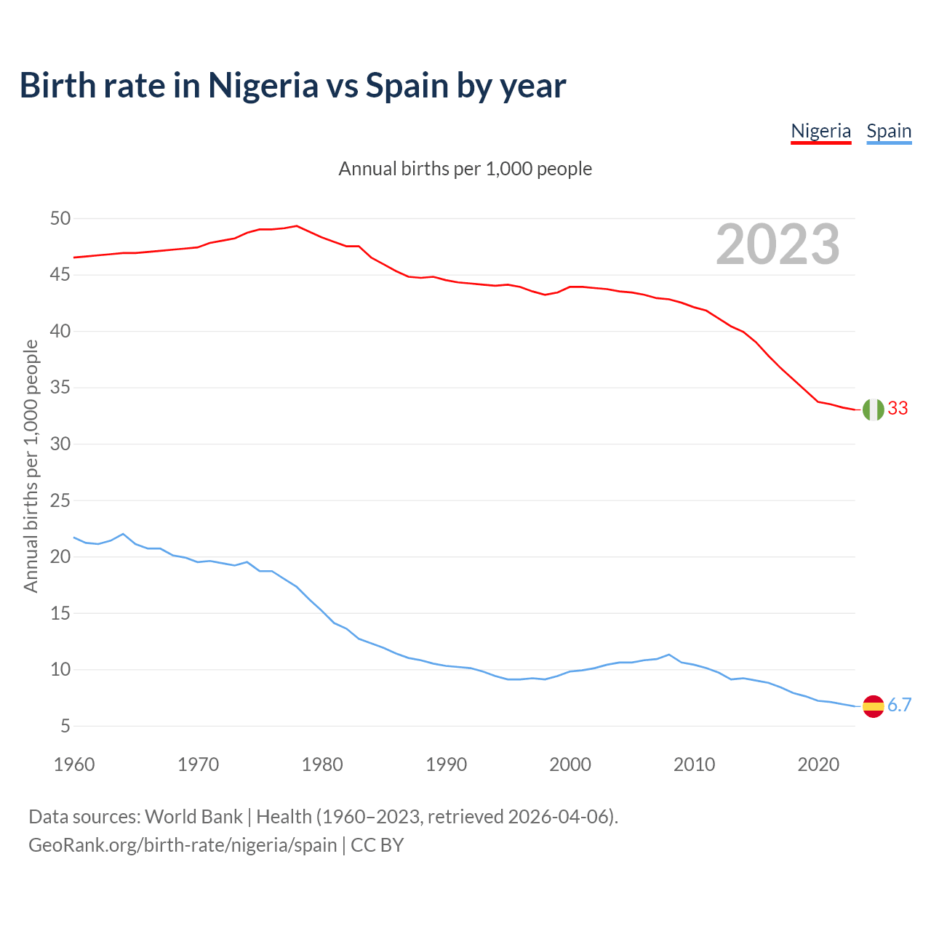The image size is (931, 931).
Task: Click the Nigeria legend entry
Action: [820, 132]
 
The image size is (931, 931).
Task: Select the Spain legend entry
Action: [889, 132]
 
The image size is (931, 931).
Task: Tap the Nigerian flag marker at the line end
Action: [873, 409]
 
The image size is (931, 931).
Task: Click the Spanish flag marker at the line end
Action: [873, 706]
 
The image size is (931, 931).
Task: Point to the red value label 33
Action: [898, 409]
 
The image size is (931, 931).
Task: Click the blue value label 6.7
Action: [900, 706]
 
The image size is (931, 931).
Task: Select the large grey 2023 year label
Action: [778, 244]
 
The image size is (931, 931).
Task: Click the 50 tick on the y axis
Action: [60, 219]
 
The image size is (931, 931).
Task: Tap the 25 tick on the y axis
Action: [60, 500]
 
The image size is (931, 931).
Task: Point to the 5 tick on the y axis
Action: [65, 726]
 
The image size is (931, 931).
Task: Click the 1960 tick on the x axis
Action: [74, 764]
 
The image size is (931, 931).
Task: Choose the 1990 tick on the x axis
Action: [447, 764]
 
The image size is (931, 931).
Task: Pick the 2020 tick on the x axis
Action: [818, 764]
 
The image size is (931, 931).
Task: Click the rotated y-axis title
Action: [31, 465]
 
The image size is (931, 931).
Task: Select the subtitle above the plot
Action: [465, 169]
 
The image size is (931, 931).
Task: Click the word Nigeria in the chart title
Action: [263, 86]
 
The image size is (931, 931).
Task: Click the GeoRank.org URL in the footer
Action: [183, 845]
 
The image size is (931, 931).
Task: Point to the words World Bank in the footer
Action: [193, 817]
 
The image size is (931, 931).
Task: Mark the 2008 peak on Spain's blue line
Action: [669, 655]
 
